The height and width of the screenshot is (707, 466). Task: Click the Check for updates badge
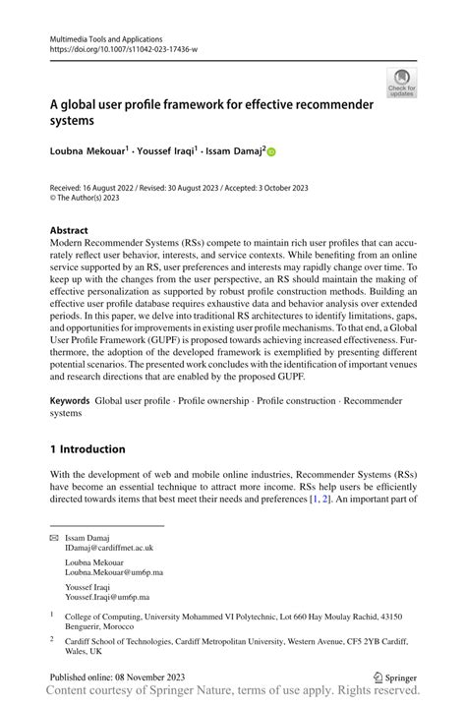401,83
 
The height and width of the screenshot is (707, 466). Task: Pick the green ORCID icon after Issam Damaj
271,152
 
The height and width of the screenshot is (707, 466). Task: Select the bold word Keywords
72,401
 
